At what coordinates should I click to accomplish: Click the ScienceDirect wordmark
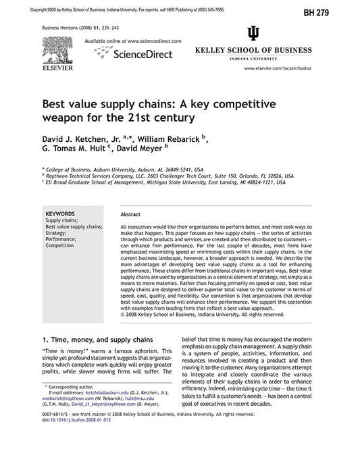pyautogui.click(x=143, y=54)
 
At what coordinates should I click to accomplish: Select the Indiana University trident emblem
pyautogui.click(x=253, y=34)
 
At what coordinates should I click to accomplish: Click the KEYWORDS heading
pyautogui.click(x=59, y=213)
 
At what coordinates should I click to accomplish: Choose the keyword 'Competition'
pyautogui.click(x=59, y=246)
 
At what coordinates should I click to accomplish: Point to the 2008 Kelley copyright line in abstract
pyautogui.click(x=201, y=315)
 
